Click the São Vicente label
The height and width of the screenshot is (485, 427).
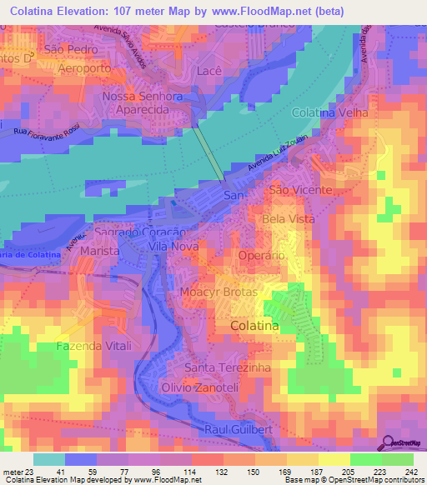pyautogui.click(x=300, y=191)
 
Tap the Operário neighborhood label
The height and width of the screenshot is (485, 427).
pyautogui.click(x=262, y=255)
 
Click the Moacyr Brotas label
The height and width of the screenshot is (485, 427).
pyautogui.click(x=219, y=293)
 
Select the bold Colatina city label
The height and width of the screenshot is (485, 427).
pyautogui.click(x=254, y=327)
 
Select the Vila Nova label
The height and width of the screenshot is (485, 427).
pyautogui.click(x=172, y=247)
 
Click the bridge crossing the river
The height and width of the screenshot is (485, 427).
pyautogui.click(x=209, y=152)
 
